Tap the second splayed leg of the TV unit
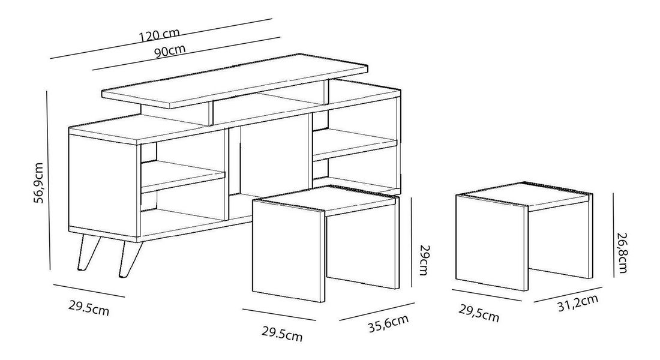click(x=127, y=258)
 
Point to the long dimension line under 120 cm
click(x=162, y=39)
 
